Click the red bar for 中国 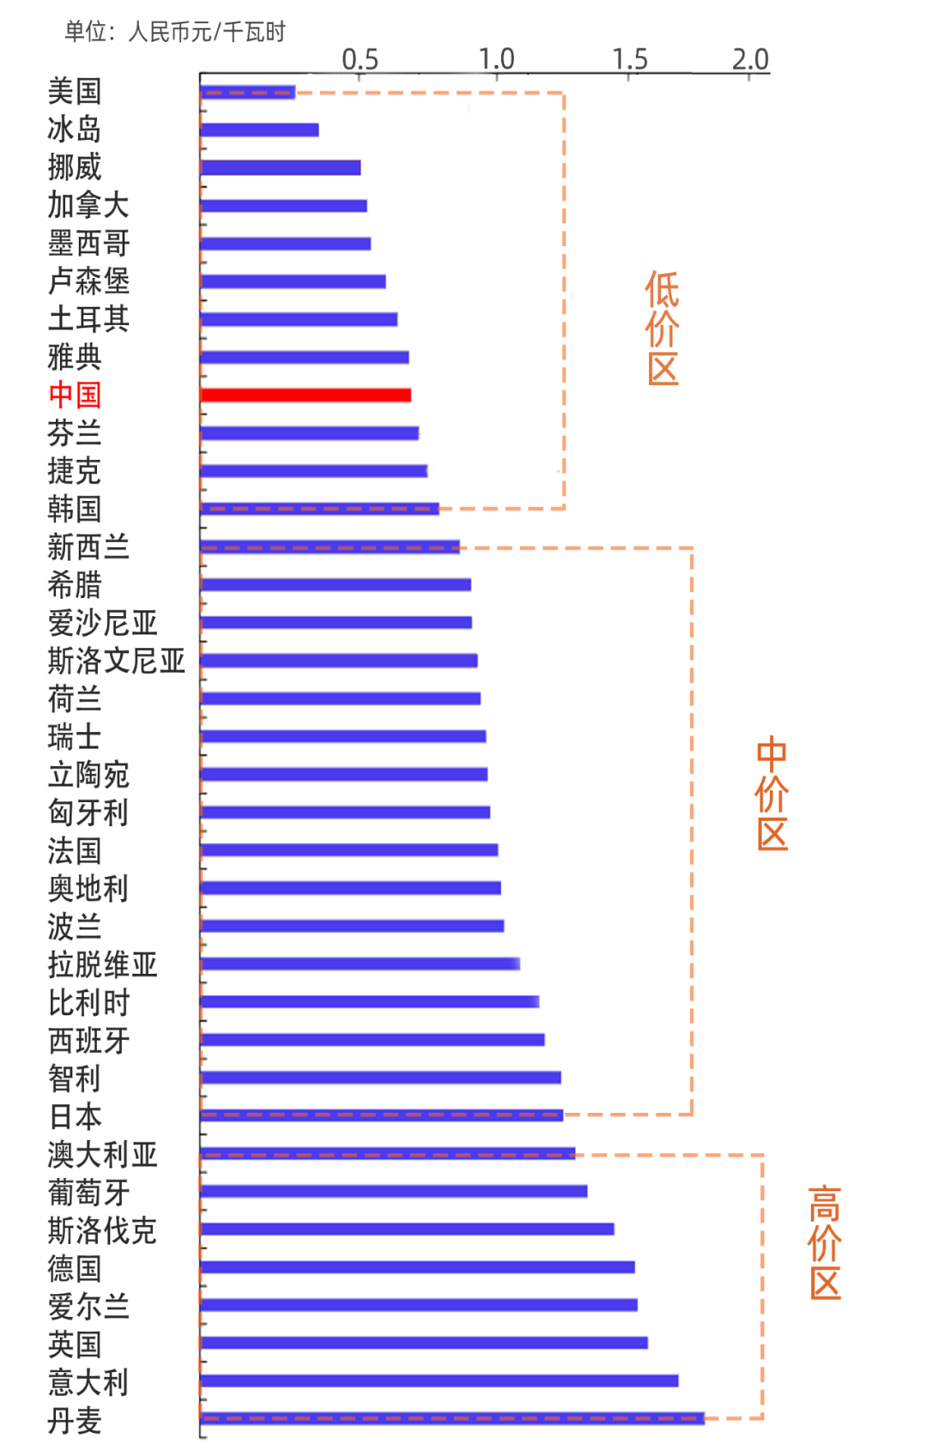306,395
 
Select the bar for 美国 248,92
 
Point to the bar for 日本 382,1115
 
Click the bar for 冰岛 260,130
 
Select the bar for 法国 349,849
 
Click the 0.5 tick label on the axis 360,59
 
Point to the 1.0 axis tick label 496,59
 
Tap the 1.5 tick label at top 630,59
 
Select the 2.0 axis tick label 750,59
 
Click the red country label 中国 75,395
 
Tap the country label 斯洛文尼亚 117,661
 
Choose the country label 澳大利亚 103,1154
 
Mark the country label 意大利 88,1381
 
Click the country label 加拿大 88,205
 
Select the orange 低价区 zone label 663,328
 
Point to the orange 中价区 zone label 772,793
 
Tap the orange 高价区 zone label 825,1242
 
